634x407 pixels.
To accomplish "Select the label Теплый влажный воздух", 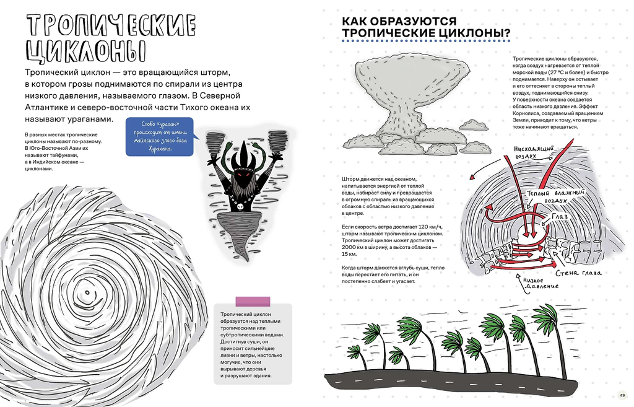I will (x=545, y=196).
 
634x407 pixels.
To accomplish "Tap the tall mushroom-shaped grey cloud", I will (x=409, y=99).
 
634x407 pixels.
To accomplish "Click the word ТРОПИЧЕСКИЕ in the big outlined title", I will (x=111, y=26).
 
